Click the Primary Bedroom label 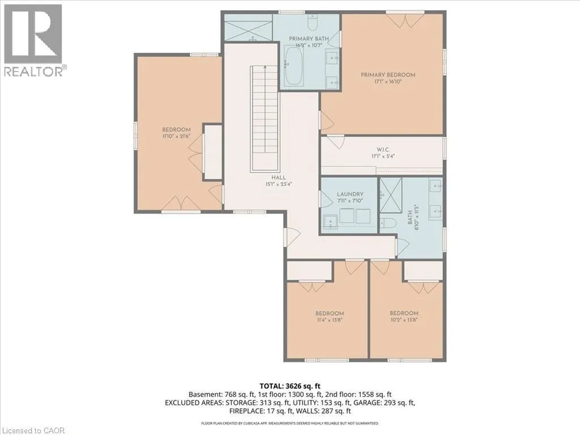tap(388, 75)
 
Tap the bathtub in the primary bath tap(295, 66)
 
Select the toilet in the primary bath tap(313, 23)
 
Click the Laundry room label tap(350, 194)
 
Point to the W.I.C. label tap(383, 150)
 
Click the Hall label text tap(279, 177)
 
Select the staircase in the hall tap(264, 118)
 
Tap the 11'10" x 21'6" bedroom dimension tap(177, 136)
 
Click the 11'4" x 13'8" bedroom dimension tap(330, 320)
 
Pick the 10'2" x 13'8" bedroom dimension tap(404, 320)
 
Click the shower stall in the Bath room tap(391, 195)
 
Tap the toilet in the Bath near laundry tap(388, 223)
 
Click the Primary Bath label tap(309, 39)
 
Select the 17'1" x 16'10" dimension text tap(388, 82)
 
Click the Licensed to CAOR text tap(32, 430)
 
